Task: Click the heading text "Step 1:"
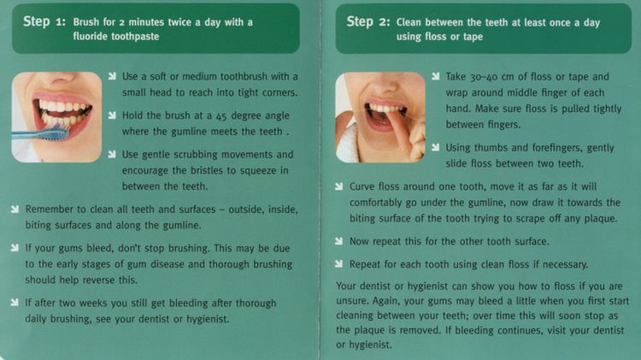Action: pyautogui.click(x=44, y=21)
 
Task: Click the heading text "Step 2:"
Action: pyautogui.click(x=368, y=21)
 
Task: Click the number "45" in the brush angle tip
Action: pyautogui.click(x=221, y=116)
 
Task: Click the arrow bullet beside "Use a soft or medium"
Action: pyautogui.click(x=113, y=76)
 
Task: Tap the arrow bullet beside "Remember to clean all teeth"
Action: pyautogui.click(x=15, y=210)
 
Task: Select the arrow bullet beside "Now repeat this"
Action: pyautogui.click(x=339, y=241)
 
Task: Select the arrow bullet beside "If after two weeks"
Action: pyautogui.click(x=15, y=303)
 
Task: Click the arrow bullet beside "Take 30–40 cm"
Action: pyautogui.click(x=436, y=76)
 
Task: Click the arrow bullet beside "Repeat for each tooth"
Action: pyautogui.click(x=339, y=264)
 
